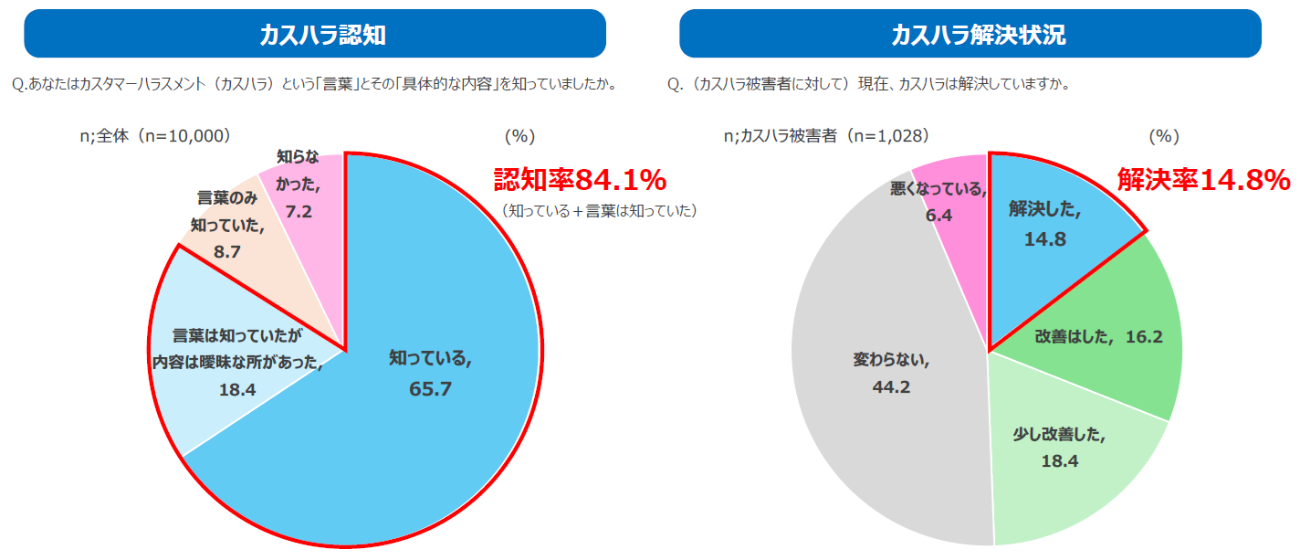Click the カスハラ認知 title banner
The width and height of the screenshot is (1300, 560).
point(315,34)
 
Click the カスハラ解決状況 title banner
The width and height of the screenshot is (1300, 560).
point(970,34)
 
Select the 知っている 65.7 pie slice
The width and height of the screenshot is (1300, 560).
point(429,393)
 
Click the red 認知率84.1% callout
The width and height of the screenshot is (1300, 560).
point(580,179)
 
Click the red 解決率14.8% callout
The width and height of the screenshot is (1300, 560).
point(1203,180)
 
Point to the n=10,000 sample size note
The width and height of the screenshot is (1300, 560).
point(154,136)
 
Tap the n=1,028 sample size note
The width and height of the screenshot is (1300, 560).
point(826,136)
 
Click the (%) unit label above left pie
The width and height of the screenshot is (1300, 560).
point(519,136)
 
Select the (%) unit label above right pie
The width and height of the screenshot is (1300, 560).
point(1164,136)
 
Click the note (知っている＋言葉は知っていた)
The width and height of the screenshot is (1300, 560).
point(599,211)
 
